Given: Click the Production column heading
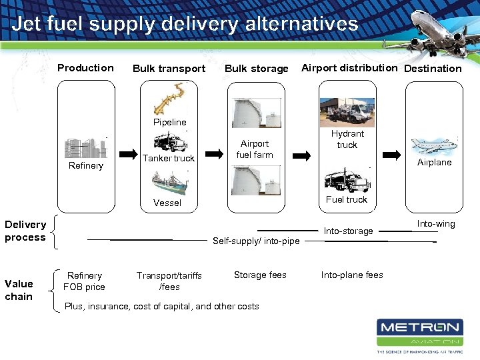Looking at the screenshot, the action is pos(85,68).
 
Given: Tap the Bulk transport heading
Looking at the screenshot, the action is pos(169,69).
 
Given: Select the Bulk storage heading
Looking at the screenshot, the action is pos(256,69).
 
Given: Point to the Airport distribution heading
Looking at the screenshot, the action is pos(349,68).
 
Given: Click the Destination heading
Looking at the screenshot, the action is pos(433,69).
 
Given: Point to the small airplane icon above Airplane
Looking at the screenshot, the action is pos(433,145).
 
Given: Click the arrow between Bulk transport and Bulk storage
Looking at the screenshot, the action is pos(214,154).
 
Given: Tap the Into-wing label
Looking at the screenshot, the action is pos(436,224).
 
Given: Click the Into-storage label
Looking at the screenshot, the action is pos(348,231).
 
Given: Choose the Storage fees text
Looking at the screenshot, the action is pos(260,275).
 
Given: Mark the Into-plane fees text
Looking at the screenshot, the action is pos(352,275).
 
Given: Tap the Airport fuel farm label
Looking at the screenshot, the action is pos(255,149).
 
